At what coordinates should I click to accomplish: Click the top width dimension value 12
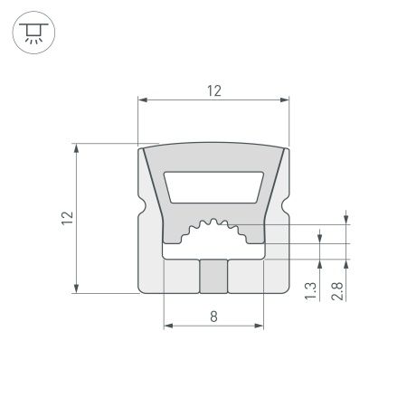213,90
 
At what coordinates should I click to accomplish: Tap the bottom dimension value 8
213,316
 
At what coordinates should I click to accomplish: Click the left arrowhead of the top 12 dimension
142,99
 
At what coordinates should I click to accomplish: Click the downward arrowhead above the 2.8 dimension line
346,218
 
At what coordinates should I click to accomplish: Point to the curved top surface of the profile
213,147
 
